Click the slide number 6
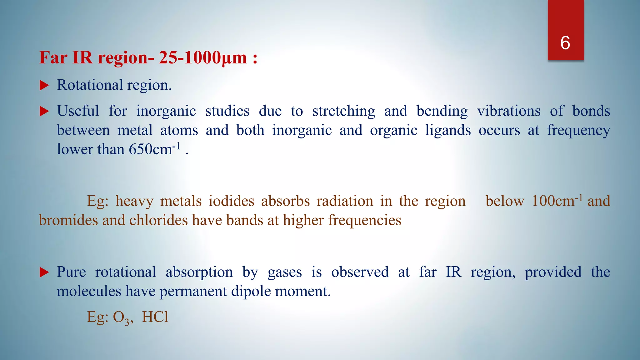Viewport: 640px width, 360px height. click(x=565, y=43)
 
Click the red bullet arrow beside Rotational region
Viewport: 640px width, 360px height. click(x=44, y=85)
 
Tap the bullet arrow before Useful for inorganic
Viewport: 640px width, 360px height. click(x=44, y=111)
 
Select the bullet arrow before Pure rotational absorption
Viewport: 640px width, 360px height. click(x=44, y=272)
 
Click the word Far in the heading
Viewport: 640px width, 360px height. click(x=53, y=57)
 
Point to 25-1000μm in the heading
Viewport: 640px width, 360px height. click(x=203, y=57)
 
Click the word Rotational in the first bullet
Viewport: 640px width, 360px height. click(x=90, y=85)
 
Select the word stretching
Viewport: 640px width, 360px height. click(x=343, y=111)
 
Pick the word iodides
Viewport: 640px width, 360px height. click(x=231, y=201)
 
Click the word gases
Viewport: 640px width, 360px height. click(x=284, y=272)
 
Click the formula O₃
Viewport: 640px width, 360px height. click(x=121, y=317)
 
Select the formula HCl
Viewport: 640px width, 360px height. click(x=155, y=317)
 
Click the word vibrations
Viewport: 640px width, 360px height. click(x=508, y=111)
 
